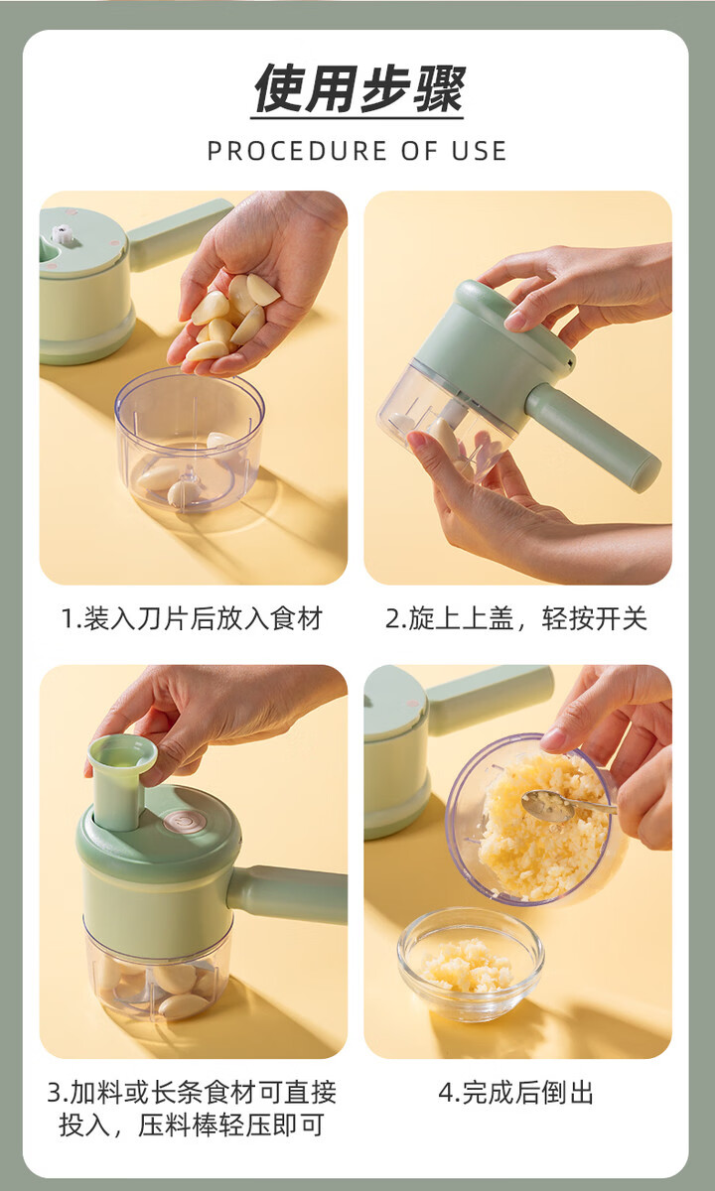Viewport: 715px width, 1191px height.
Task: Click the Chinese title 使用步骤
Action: pyautogui.click(x=358, y=88)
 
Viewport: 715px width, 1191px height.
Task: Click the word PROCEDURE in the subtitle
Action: pyautogui.click(x=297, y=151)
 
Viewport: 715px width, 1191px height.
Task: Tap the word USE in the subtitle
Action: pyautogui.click(x=479, y=151)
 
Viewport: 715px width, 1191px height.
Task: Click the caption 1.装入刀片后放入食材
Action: pyautogui.click(x=192, y=618)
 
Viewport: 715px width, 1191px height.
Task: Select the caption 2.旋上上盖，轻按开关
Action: pyautogui.click(x=516, y=618)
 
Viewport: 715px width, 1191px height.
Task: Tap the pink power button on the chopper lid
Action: pyautogui.click(x=183, y=822)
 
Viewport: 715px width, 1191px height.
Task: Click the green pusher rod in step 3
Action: pyautogui.click(x=120, y=782)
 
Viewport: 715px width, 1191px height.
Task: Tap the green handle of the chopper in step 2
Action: pyautogui.click(x=593, y=438)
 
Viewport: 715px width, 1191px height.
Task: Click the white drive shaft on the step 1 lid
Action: pyautogui.click(x=62, y=234)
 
